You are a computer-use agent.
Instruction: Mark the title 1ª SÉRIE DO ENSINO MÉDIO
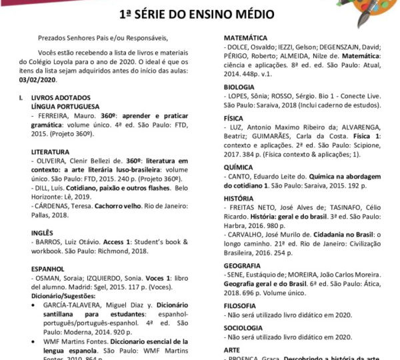pos(200,13)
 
